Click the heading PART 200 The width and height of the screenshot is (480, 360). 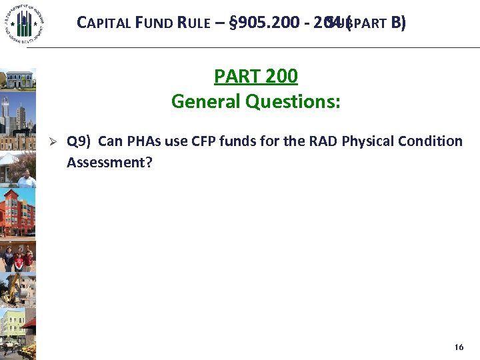(x=255, y=77)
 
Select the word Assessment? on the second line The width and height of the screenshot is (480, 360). (x=109, y=161)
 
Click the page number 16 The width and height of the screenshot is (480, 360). (x=458, y=347)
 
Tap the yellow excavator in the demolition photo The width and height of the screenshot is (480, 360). (x=15, y=287)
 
